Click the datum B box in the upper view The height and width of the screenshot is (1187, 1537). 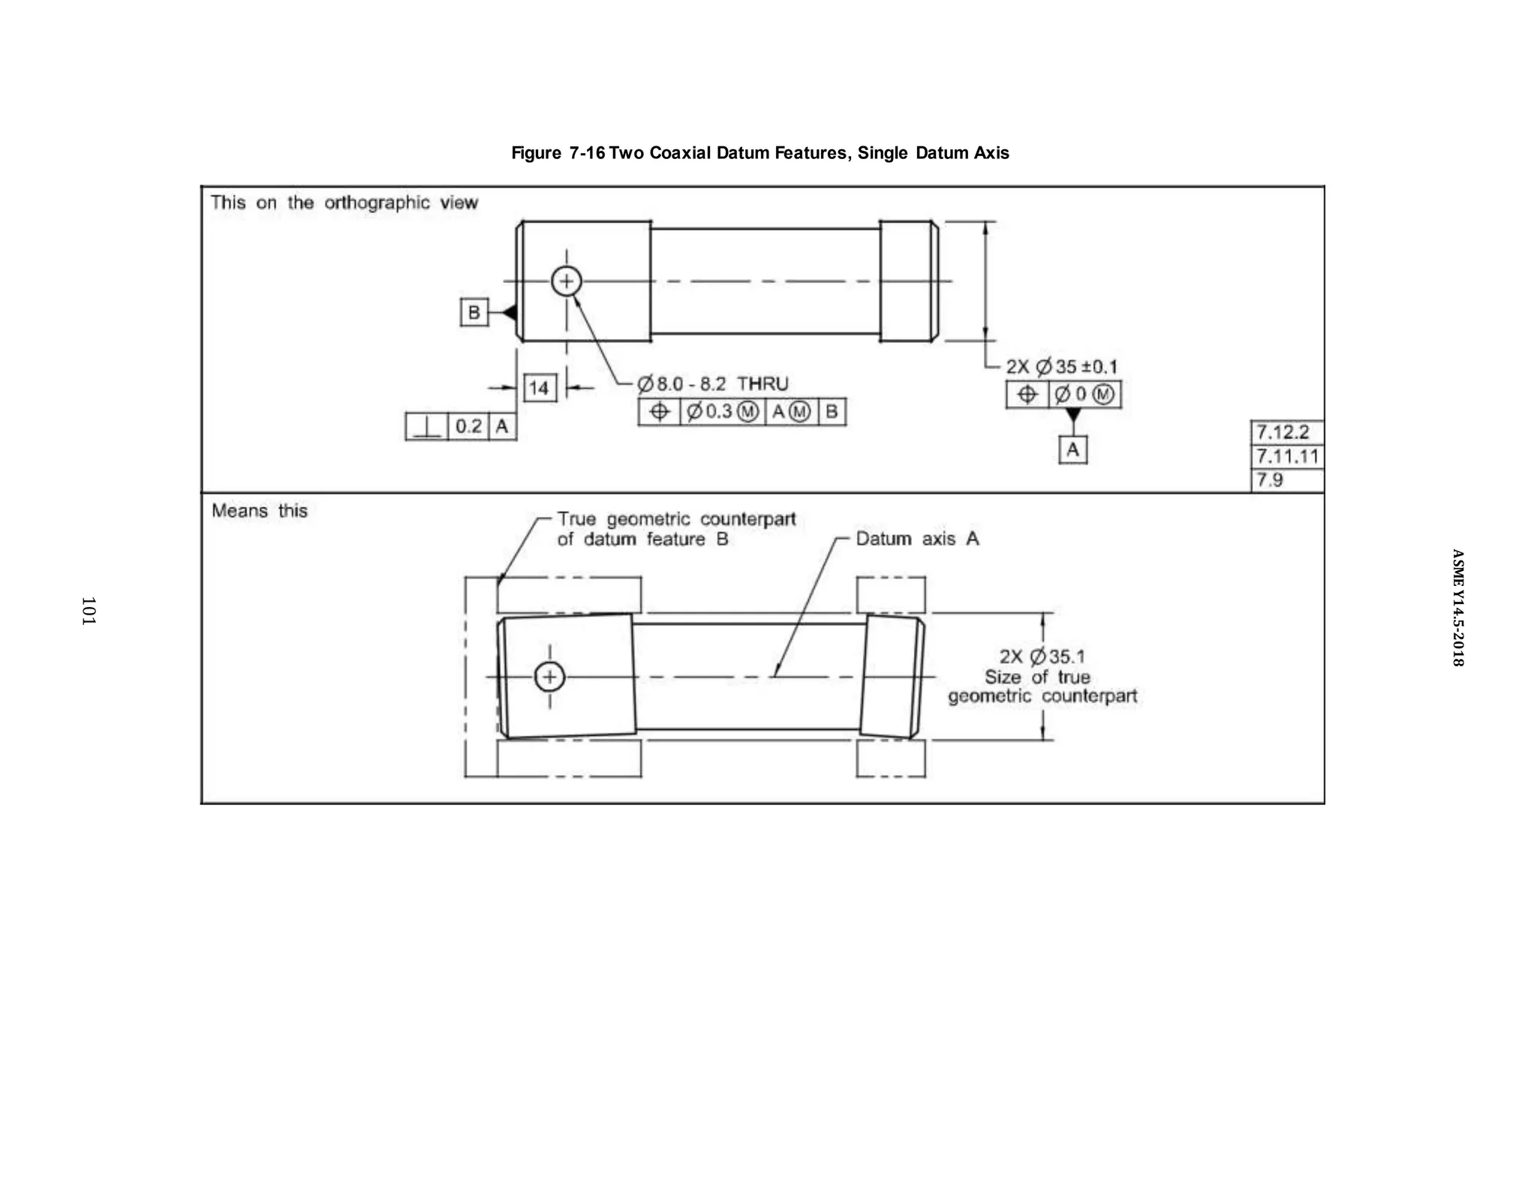[474, 312]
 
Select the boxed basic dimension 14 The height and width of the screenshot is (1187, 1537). [540, 388]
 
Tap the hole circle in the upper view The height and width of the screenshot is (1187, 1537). [567, 282]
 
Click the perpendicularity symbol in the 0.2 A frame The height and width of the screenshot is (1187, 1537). [426, 427]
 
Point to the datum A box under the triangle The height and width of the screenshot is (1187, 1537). [1072, 449]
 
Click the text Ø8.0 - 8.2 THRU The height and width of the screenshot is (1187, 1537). [713, 384]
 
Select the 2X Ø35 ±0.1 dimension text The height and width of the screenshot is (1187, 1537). [1061, 367]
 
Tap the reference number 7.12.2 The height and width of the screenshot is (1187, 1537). [1282, 432]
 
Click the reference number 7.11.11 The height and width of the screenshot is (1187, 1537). [1287, 456]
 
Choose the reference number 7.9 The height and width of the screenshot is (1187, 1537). [1270, 479]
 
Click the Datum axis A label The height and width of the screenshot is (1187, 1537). [917, 539]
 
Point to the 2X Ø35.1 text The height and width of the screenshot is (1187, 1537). [1042, 657]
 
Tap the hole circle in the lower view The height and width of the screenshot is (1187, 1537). [549, 677]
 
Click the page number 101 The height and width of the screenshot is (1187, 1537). [89, 611]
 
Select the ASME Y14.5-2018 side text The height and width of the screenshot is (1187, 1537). [1457, 608]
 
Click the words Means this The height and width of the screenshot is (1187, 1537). [260, 511]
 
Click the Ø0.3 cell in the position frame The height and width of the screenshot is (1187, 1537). [722, 412]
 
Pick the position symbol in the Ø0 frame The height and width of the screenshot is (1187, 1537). [1027, 395]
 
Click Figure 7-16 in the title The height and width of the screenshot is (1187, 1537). [558, 153]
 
